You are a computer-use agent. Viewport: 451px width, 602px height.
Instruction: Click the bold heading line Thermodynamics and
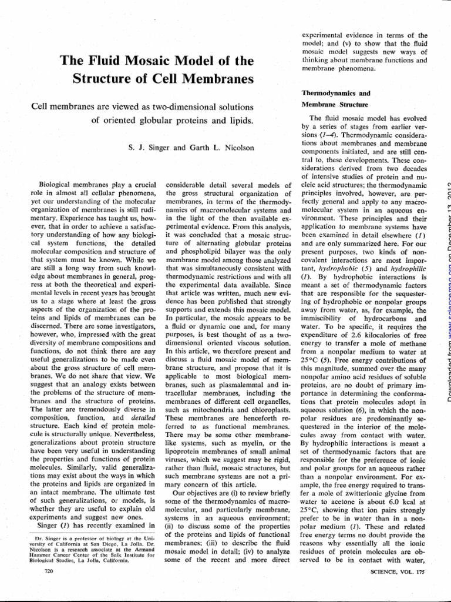click(329, 93)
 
